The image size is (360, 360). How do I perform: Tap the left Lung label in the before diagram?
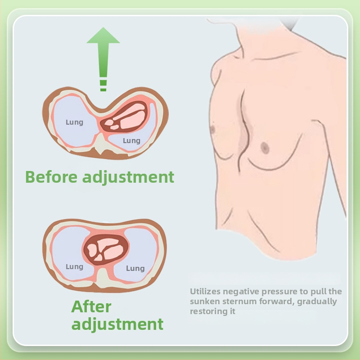(x=74, y=122)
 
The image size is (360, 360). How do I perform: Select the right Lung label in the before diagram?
(x=131, y=141)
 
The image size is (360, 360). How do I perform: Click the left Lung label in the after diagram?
(x=74, y=266)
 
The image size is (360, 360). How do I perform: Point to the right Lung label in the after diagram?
(x=135, y=268)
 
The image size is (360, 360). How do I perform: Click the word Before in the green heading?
(x=51, y=176)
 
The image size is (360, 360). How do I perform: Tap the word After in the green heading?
(x=91, y=307)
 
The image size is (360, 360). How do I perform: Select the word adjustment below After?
(x=117, y=324)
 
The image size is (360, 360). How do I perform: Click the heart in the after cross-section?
(x=106, y=250)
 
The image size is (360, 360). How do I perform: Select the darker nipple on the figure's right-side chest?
(x=265, y=147)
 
